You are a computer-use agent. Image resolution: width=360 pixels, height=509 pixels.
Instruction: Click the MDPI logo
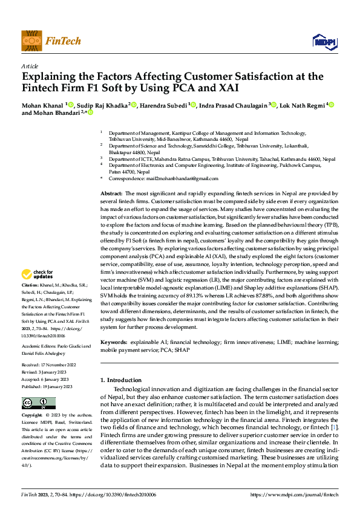click(324, 41)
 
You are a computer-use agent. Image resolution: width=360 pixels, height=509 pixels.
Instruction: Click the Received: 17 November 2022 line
click(49, 366)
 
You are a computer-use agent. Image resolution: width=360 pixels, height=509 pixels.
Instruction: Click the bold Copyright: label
click(32, 416)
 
